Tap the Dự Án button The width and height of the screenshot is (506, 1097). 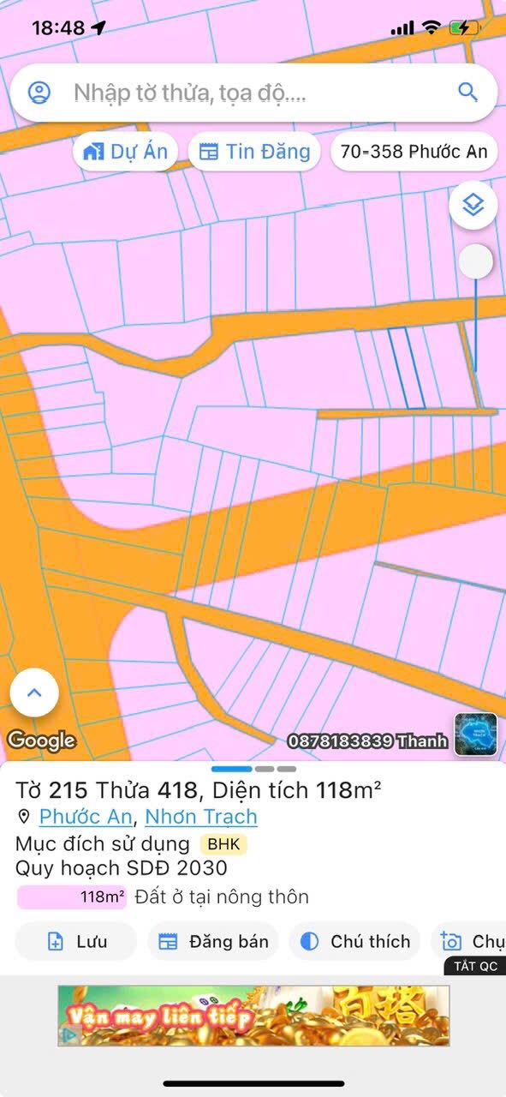(x=125, y=152)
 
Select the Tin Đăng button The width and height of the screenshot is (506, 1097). (x=254, y=152)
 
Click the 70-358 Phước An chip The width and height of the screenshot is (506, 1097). (x=414, y=152)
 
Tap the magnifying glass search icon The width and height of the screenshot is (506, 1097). (x=467, y=92)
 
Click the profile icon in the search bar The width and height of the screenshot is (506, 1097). (x=39, y=93)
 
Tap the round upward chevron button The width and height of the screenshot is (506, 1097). (x=34, y=692)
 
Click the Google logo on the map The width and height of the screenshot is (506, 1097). (x=41, y=740)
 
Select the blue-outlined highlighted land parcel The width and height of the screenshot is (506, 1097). (x=407, y=369)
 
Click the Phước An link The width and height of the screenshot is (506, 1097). (x=86, y=817)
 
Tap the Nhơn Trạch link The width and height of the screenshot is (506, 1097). (x=201, y=817)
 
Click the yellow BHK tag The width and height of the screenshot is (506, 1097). (x=223, y=844)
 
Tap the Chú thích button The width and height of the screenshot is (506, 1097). (x=355, y=942)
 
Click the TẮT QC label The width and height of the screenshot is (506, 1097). (x=475, y=966)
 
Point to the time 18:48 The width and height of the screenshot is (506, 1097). (x=58, y=27)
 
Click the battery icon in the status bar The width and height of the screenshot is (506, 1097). (x=465, y=27)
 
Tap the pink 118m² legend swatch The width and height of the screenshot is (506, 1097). (x=72, y=897)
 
